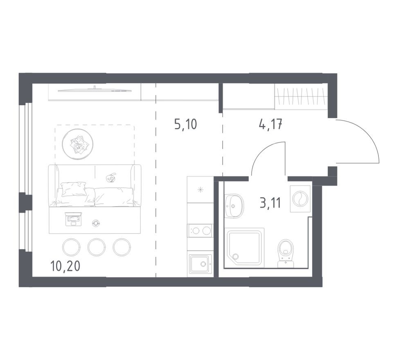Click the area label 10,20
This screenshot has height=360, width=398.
[x=65, y=266]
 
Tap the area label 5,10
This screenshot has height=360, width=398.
[x=186, y=124]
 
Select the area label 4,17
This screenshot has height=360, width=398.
[x=270, y=124]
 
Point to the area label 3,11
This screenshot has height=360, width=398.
[x=270, y=203]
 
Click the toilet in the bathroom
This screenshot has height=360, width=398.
[x=286, y=253]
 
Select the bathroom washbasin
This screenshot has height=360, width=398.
[x=234, y=206]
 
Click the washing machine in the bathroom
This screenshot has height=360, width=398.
[x=300, y=198]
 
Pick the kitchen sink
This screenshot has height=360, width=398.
[x=200, y=264]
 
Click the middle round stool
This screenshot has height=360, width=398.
[x=97, y=247]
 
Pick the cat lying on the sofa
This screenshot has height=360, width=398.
[x=111, y=178]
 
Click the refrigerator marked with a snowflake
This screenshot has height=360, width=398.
[x=200, y=190]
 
